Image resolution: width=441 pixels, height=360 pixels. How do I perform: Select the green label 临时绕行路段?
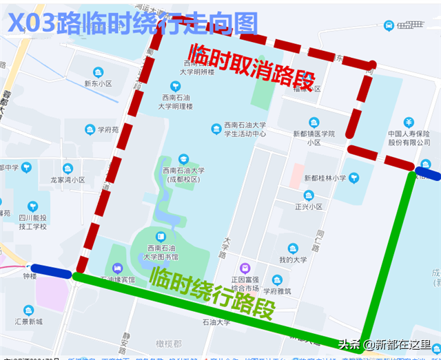click(x=211, y=295)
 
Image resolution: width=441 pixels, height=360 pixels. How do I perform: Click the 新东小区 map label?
click(x=98, y=84)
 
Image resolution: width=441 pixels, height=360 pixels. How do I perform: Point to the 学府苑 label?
click(x=107, y=129)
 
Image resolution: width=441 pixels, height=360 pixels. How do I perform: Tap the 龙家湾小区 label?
click(x=68, y=180)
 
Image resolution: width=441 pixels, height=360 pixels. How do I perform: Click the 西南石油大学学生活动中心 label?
click(x=245, y=129)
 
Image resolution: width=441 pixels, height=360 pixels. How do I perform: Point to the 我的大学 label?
click(x=293, y=260)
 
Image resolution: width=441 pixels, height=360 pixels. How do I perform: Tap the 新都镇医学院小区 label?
click(x=314, y=138)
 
